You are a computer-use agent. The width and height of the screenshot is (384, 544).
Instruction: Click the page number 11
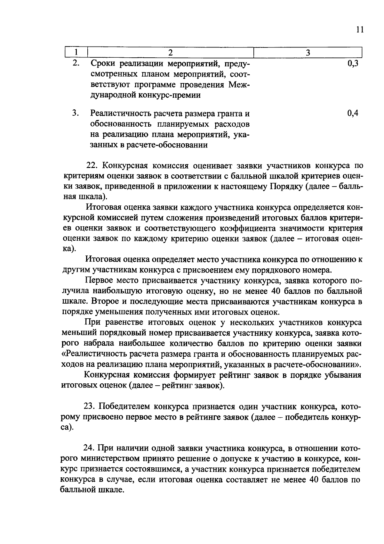359,30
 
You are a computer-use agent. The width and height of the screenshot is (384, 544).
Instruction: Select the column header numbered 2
170,53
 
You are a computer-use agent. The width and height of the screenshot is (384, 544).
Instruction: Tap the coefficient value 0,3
352,63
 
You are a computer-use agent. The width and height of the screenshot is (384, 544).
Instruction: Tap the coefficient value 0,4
352,113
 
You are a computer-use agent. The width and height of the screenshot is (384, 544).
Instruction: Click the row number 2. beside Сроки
76,63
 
